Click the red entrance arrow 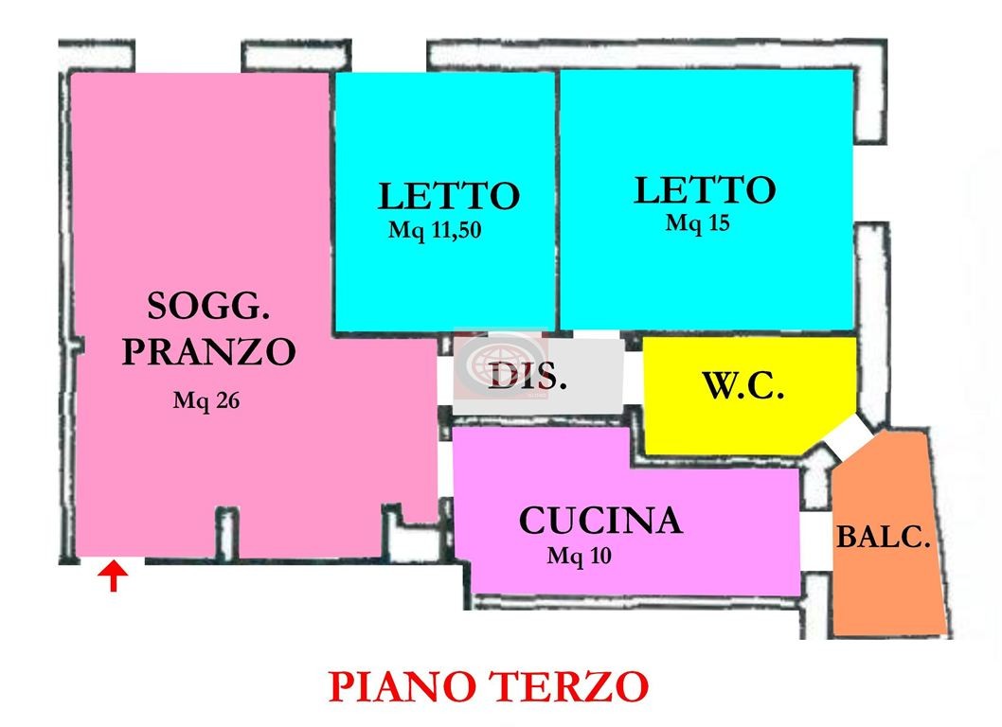tap(113, 576)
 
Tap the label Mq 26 tap(206, 401)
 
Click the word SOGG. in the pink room tap(208, 307)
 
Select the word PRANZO tap(209, 351)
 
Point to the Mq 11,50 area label tap(435, 230)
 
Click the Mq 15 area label tap(697, 223)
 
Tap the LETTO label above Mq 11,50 tap(449, 196)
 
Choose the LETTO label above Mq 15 tap(705, 190)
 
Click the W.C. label tap(743, 385)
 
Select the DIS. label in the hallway tap(528, 377)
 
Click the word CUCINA tap(600, 520)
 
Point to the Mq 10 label tap(579, 556)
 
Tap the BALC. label tap(883, 538)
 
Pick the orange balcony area tap(888, 537)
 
